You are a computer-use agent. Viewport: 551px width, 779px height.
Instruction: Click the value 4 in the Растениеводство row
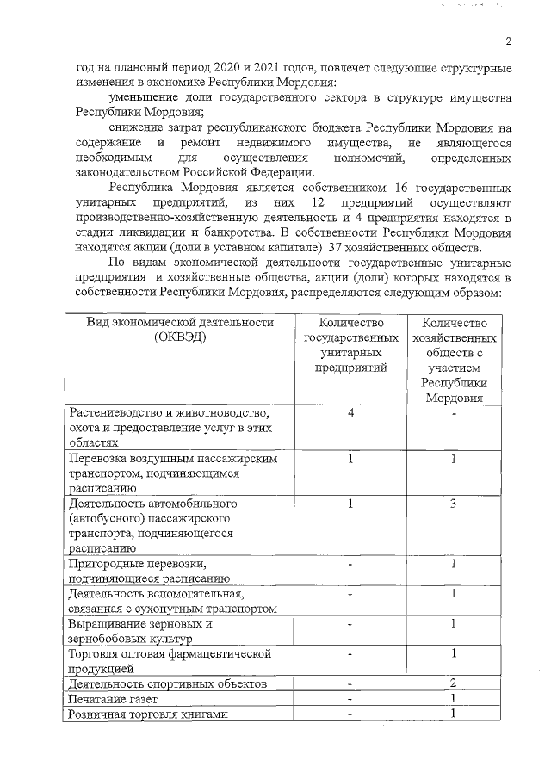tap(351, 412)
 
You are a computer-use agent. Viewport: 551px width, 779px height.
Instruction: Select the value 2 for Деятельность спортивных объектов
tap(453, 683)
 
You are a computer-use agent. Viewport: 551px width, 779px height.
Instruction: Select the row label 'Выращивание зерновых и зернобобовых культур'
tap(139, 631)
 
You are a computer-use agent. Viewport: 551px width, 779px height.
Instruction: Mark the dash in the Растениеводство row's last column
tap(453, 413)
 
